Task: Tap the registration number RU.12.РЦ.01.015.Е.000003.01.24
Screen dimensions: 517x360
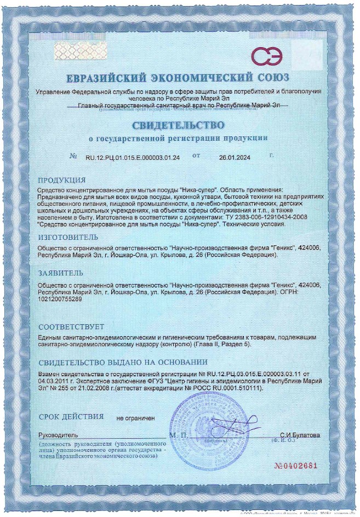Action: tap(133, 158)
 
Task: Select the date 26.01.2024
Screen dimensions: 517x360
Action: tap(235, 158)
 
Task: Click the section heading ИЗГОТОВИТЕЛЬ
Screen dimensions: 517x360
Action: tap(68, 237)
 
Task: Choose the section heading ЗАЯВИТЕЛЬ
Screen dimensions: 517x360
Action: tap(61, 272)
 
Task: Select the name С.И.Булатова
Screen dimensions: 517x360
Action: tap(300, 435)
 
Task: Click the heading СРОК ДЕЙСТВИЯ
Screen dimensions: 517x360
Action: tap(71, 417)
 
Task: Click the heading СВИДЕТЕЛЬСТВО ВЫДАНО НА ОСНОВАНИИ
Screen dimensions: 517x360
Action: tap(123, 362)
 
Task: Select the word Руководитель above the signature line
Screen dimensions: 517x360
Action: tap(58, 435)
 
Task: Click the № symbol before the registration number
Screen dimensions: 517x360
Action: tap(74, 157)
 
